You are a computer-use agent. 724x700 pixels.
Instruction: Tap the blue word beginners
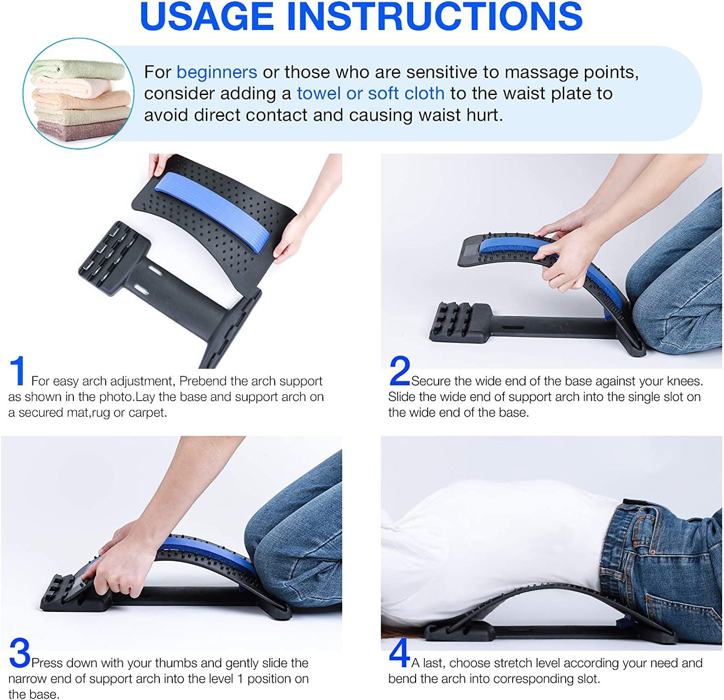pos(217,72)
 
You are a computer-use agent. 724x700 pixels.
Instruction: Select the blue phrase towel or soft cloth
pos(371,93)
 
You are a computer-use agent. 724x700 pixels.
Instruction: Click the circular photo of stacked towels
pos(79,94)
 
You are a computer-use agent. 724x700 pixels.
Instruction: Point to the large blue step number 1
pos(18,371)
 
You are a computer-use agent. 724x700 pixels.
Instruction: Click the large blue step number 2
pos(400,371)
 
